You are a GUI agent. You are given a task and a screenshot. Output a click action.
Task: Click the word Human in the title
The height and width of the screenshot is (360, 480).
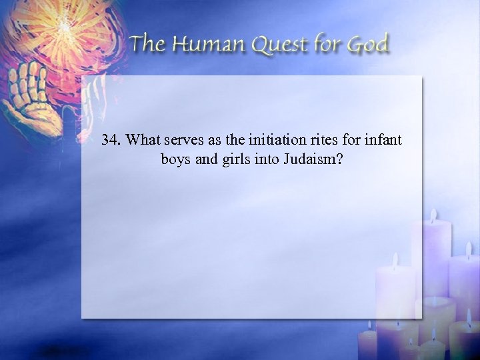(x=203, y=45)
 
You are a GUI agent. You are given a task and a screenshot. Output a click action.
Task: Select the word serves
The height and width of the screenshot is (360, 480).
(x=183, y=141)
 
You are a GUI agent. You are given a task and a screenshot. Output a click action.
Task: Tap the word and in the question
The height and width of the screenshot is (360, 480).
(x=203, y=160)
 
